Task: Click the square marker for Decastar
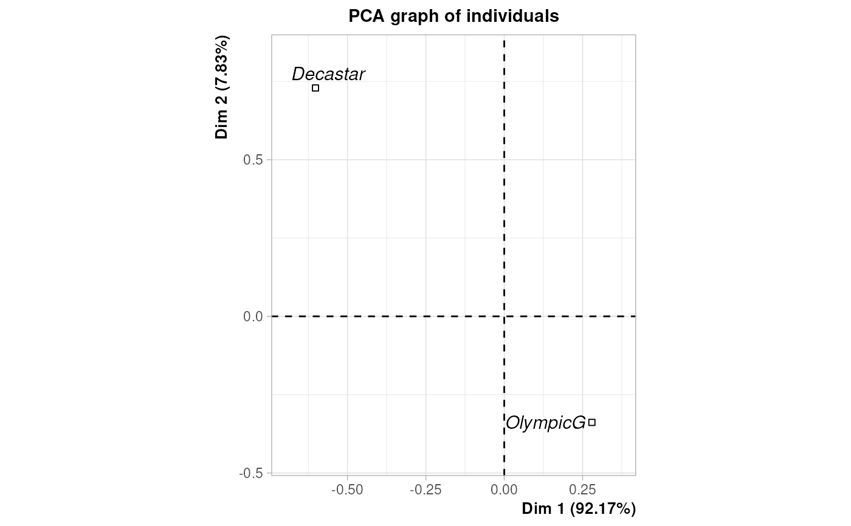click(x=315, y=88)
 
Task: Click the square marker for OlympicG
click(x=591, y=422)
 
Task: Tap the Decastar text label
click(x=328, y=74)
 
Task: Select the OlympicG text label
click(x=545, y=423)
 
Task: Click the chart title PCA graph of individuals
click(x=453, y=16)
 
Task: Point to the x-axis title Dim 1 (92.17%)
click(x=579, y=509)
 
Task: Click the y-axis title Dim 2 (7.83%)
click(x=222, y=88)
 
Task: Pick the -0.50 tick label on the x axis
click(x=347, y=489)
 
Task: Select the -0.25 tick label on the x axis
click(x=425, y=489)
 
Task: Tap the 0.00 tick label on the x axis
click(x=504, y=489)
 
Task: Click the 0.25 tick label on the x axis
click(x=582, y=489)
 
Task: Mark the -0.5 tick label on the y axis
click(x=253, y=473)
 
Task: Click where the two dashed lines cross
click(x=504, y=316)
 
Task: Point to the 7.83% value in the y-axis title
click(x=222, y=63)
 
